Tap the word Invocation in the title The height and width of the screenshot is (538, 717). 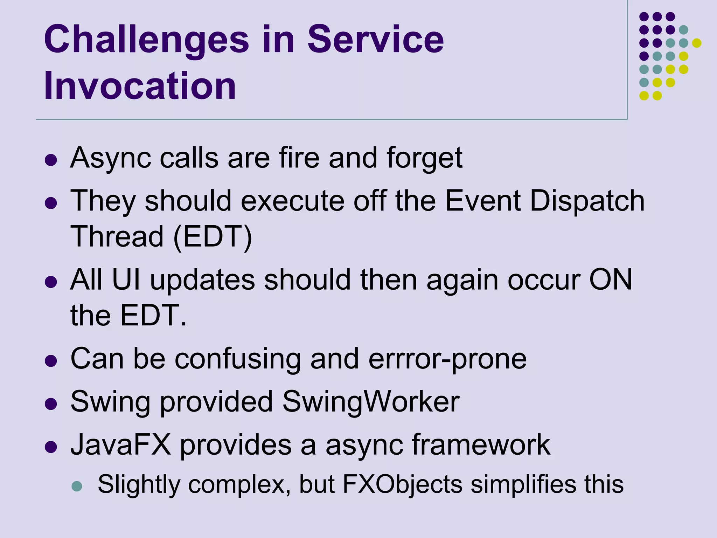click(140, 86)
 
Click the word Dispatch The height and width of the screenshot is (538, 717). click(587, 201)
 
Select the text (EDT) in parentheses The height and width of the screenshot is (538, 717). click(213, 237)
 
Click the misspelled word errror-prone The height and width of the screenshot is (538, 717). click(447, 359)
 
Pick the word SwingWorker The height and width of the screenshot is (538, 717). click(370, 401)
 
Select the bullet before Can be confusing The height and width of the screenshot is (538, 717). click(51, 361)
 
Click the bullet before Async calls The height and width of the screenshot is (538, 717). click(51, 160)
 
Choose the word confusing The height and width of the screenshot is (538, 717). click(237, 359)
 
